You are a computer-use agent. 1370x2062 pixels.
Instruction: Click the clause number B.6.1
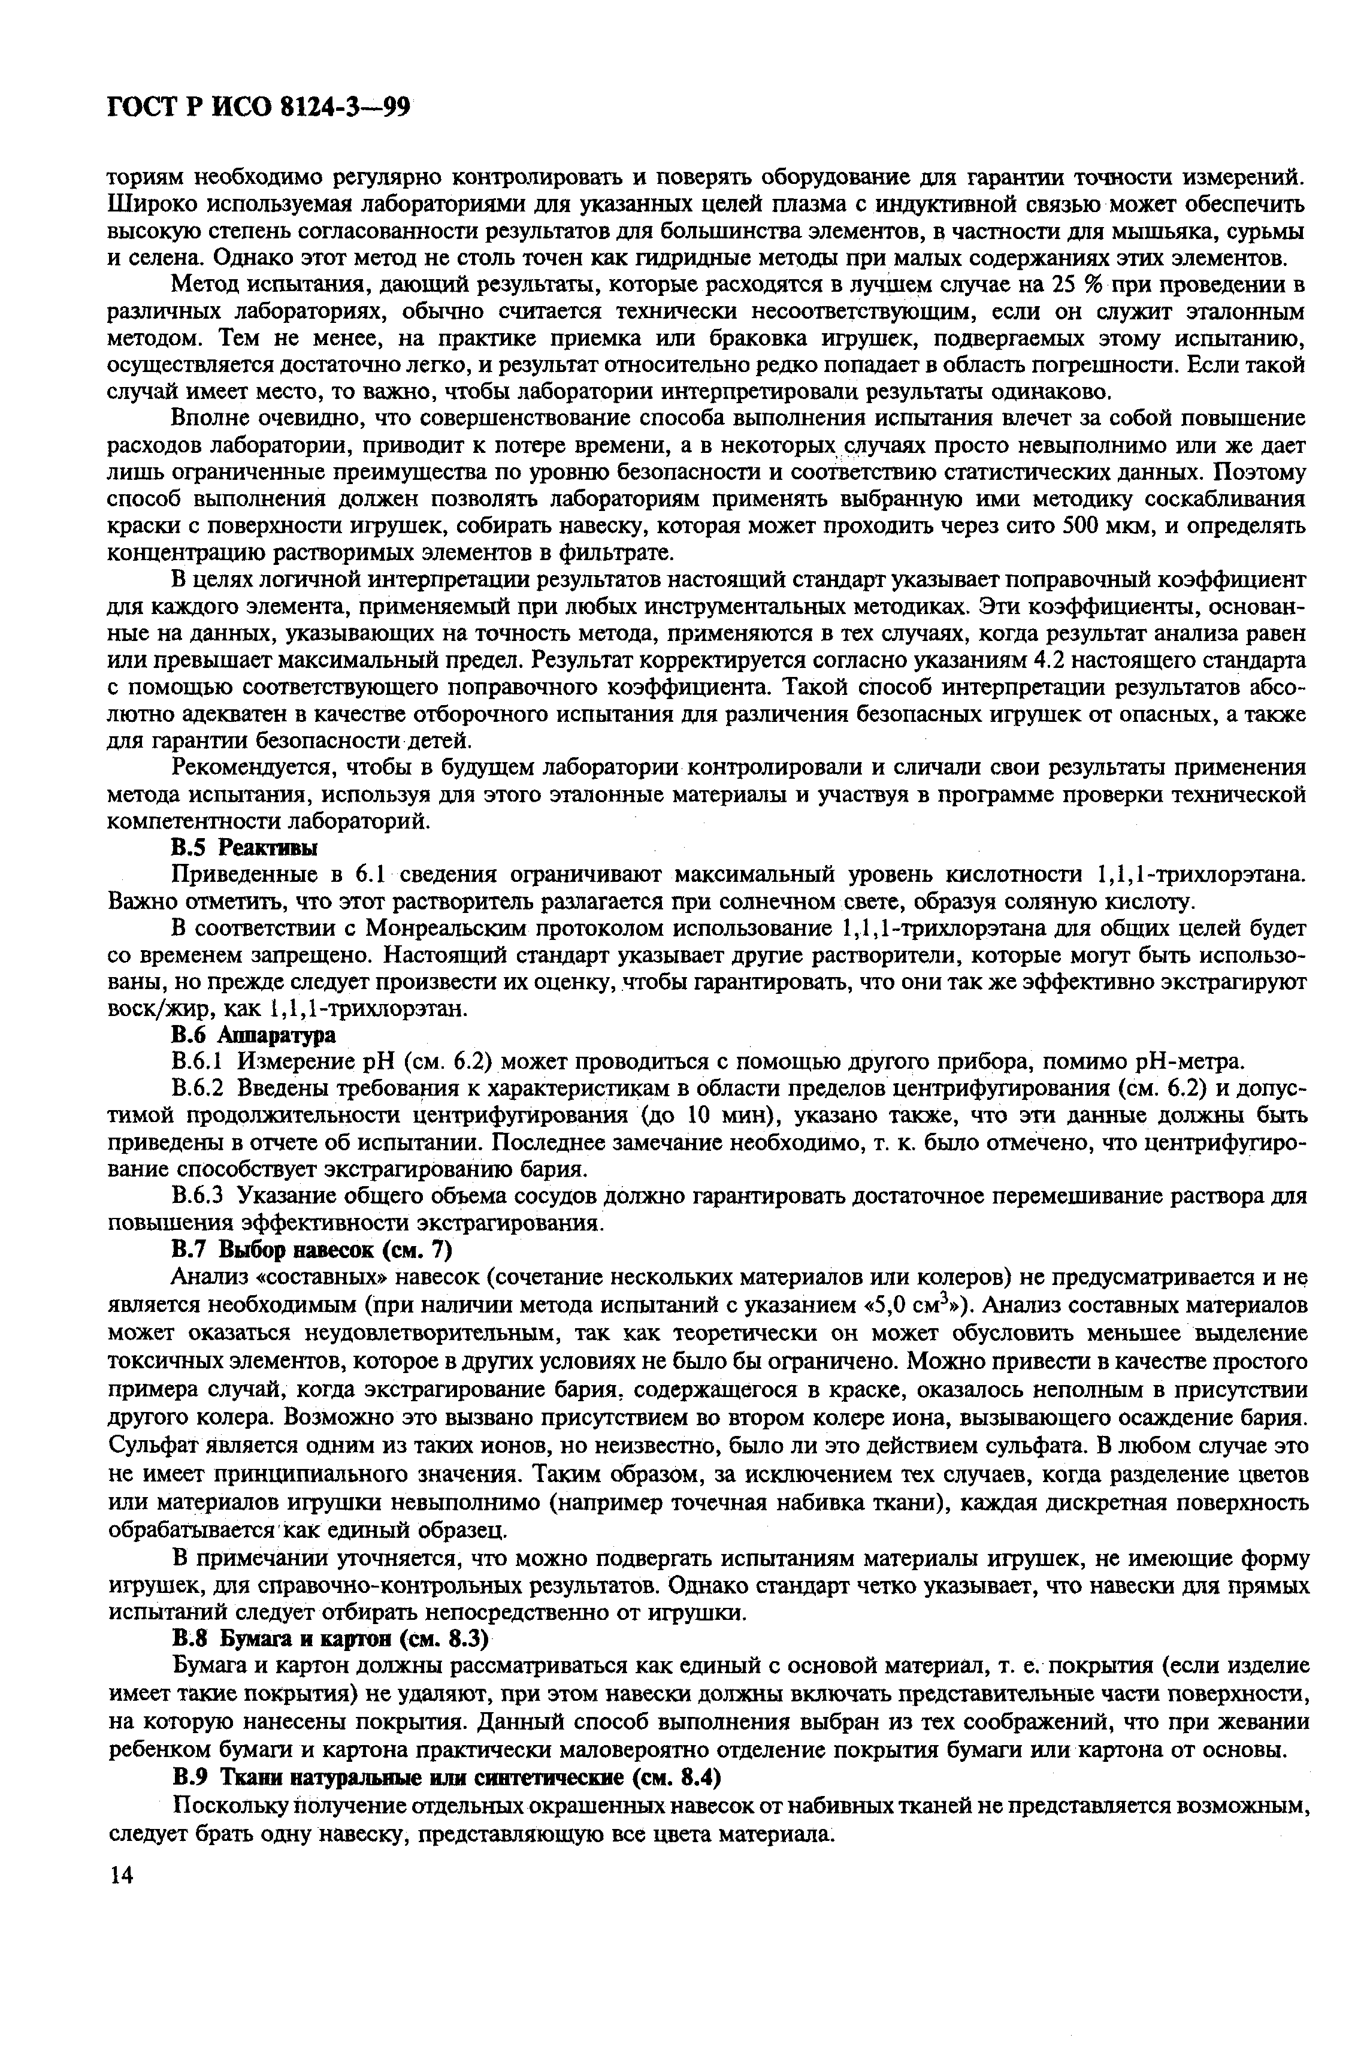click(199, 1062)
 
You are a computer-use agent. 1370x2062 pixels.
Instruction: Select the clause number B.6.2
click(199, 1089)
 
